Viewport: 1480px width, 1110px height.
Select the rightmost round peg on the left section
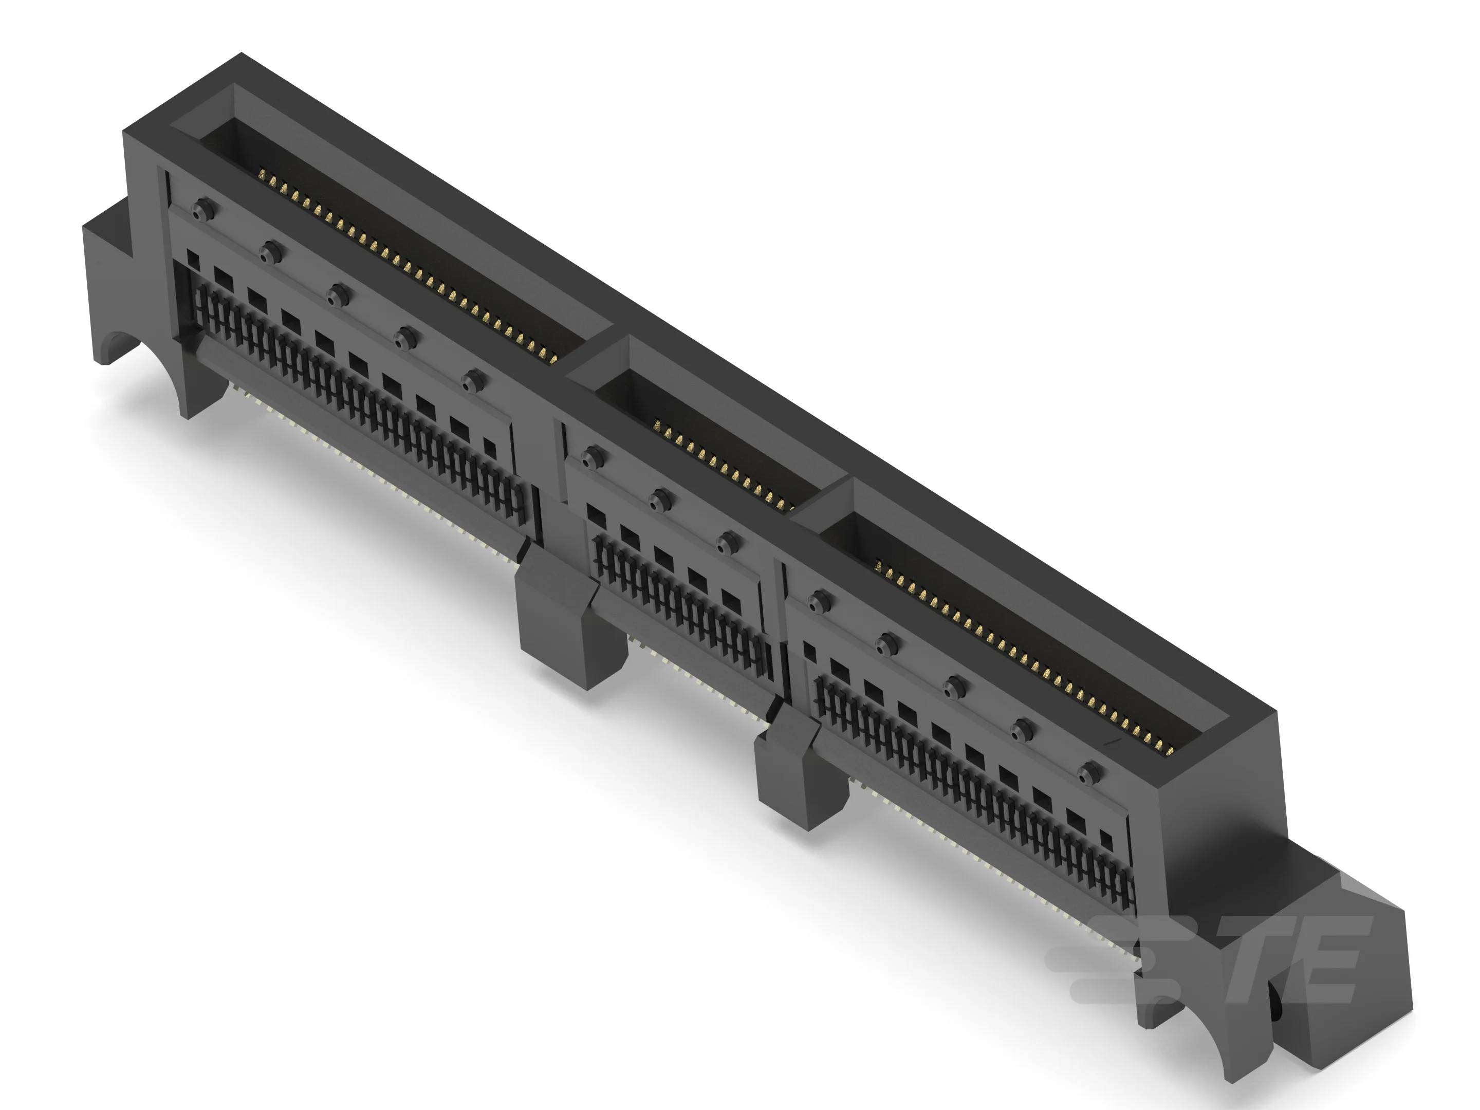click(x=474, y=381)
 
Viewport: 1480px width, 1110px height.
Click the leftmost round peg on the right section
click(x=817, y=601)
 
